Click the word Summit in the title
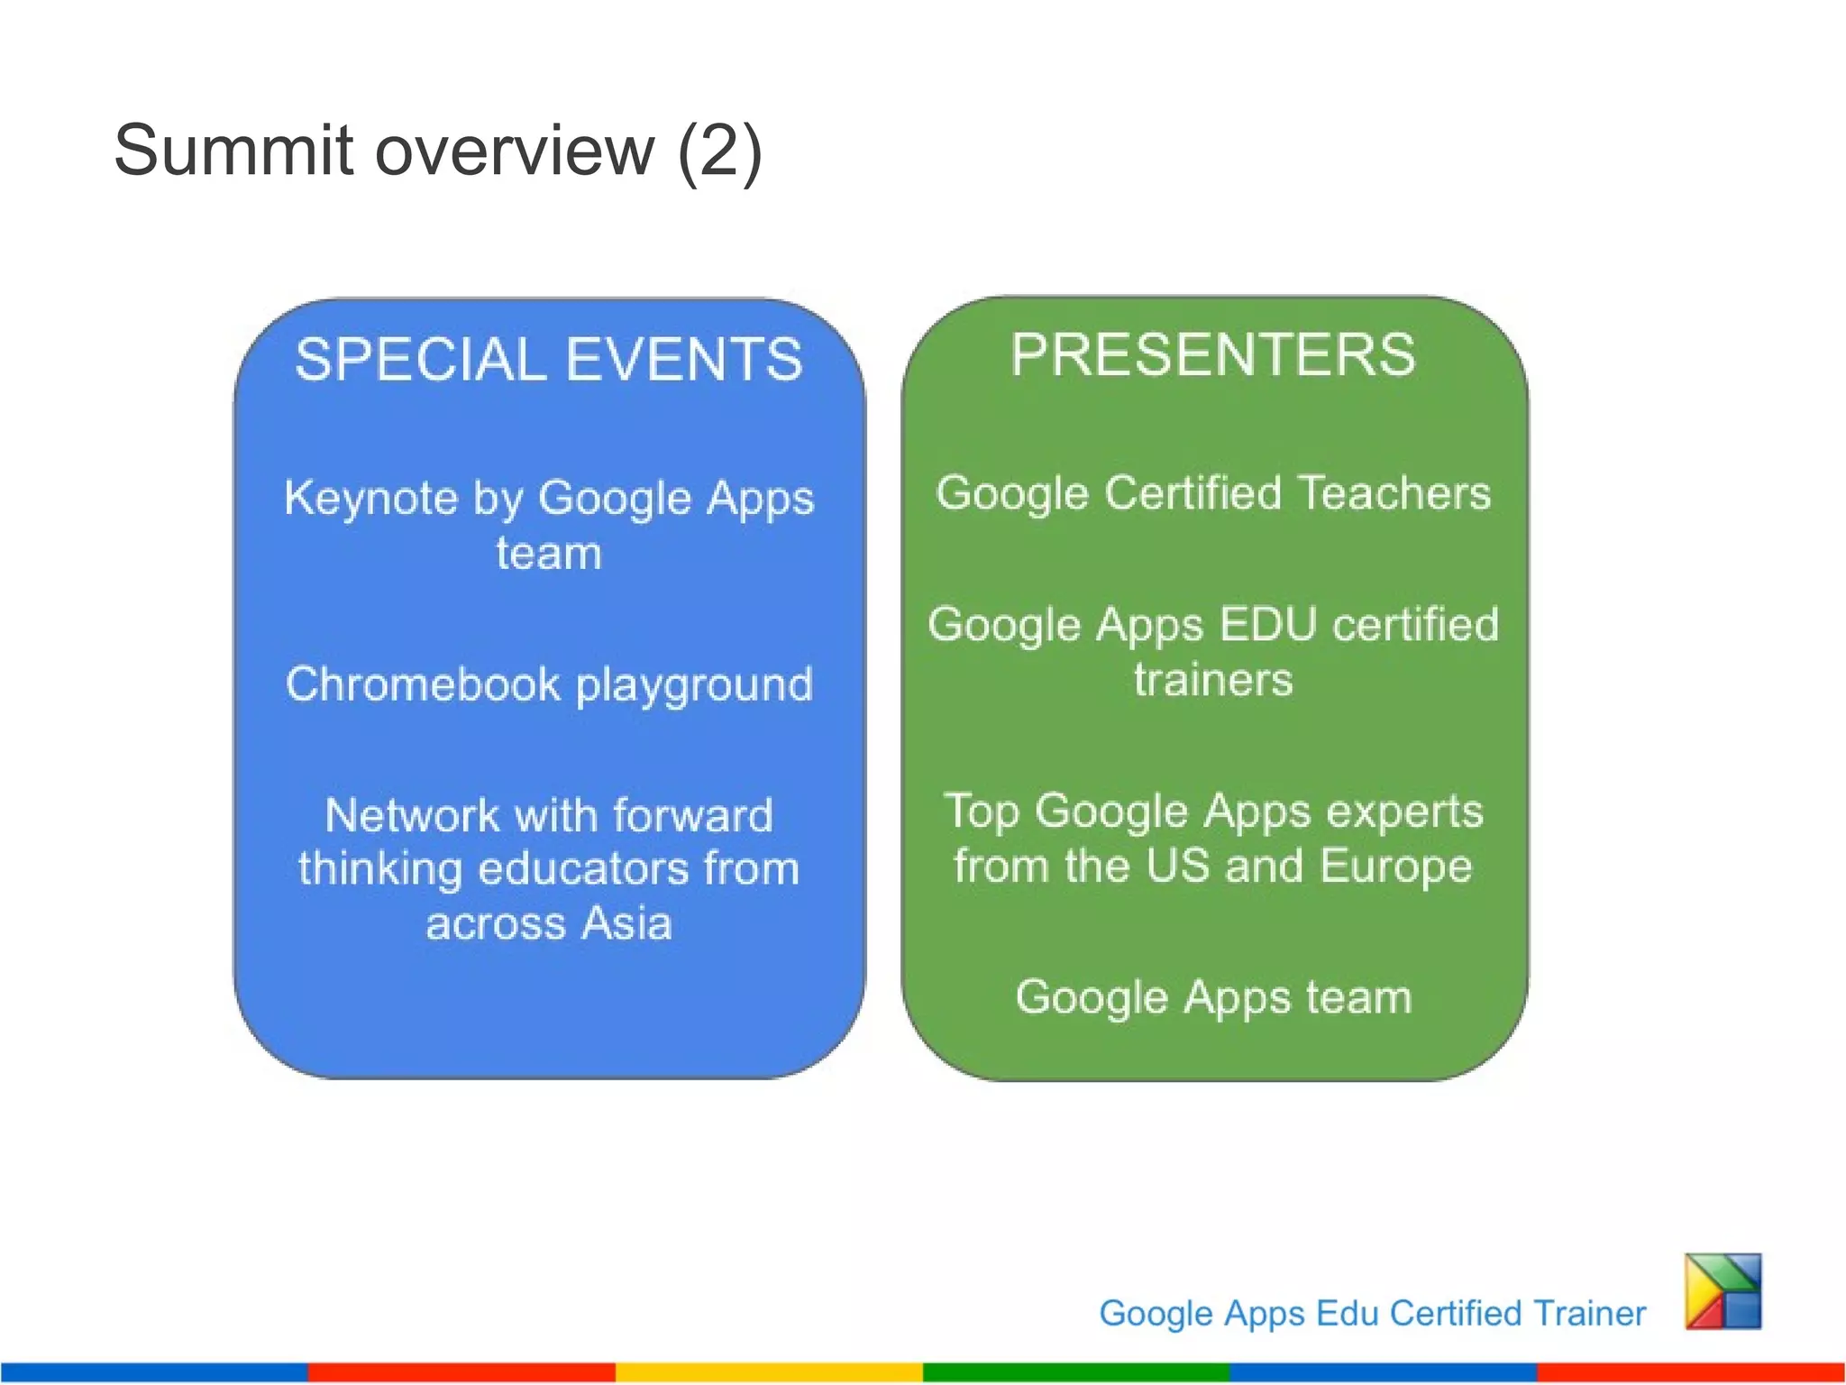(x=233, y=151)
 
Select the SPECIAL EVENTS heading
(x=548, y=359)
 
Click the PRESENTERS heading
(x=1212, y=354)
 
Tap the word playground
(x=694, y=685)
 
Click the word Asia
(x=626, y=923)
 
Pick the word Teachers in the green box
(x=1394, y=493)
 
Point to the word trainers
(x=1212, y=679)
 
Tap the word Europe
(x=1395, y=867)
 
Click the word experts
(x=1404, y=812)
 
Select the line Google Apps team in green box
(x=1212, y=997)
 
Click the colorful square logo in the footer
(x=1723, y=1290)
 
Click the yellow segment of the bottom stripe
(x=768, y=1371)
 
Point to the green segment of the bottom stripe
(x=1075, y=1371)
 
